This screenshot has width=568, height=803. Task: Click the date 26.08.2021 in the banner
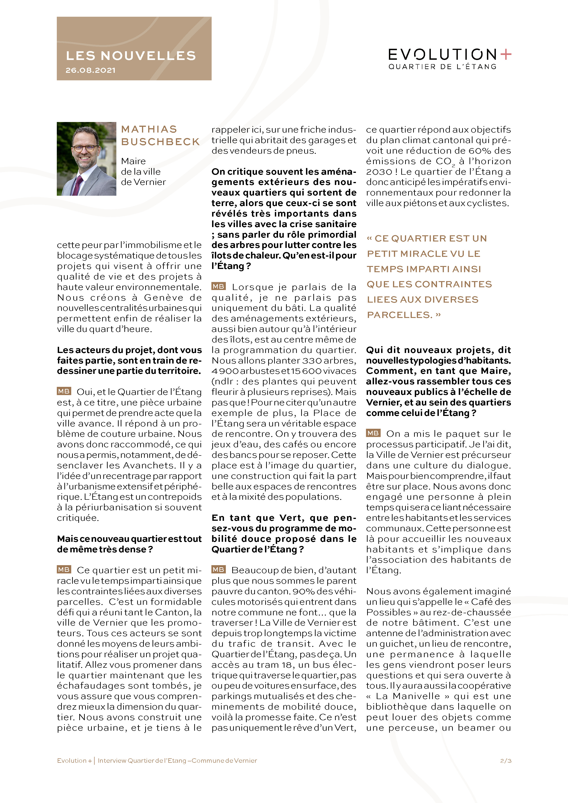(x=90, y=70)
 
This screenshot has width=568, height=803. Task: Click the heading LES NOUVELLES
(x=131, y=56)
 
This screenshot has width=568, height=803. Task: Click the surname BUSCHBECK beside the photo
(x=161, y=142)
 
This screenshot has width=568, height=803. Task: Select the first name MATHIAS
(x=149, y=129)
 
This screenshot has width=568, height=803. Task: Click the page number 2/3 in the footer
(x=506, y=760)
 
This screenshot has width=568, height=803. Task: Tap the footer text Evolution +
(x=74, y=760)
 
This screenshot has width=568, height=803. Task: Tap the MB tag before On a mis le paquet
(x=373, y=433)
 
